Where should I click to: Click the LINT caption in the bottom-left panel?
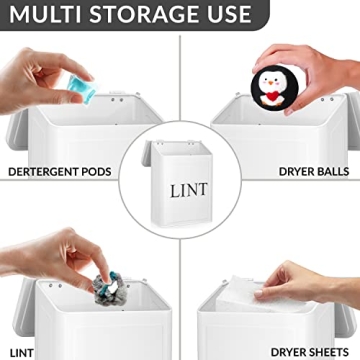19,352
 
